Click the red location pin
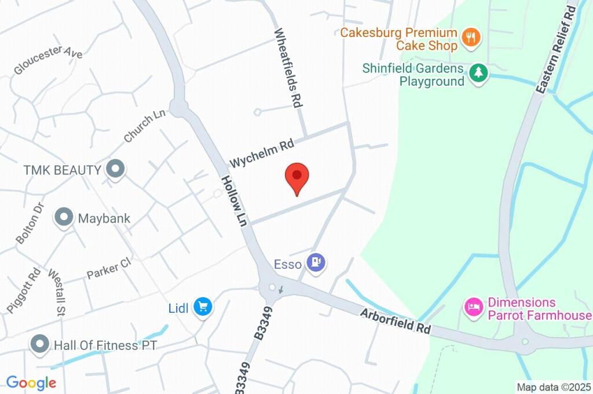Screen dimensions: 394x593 pyautogui.click(x=298, y=176)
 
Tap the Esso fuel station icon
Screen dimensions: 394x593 pyautogui.click(x=316, y=262)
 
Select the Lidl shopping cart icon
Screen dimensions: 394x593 pyautogui.click(x=202, y=306)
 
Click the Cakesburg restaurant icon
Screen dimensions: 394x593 pyautogui.click(x=472, y=38)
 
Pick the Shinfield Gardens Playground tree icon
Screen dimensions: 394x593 pyautogui.click(x=478, y=73)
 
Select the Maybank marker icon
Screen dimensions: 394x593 pyautogui.click(x=63, y=218)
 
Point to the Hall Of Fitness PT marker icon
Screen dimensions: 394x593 pyautogui.click(x=39, y=344)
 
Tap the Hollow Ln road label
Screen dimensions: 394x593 pyautogui.click(x=234, y=199)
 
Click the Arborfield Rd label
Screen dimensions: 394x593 pyautogui.click(x=396, y=320)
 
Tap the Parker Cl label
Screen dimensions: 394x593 pyautogui.click(x=109, y=268)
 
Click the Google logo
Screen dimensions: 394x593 pyautogui.click(x=31, y=382)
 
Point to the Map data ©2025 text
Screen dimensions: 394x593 pyautogui.click(x=554, y=387)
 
